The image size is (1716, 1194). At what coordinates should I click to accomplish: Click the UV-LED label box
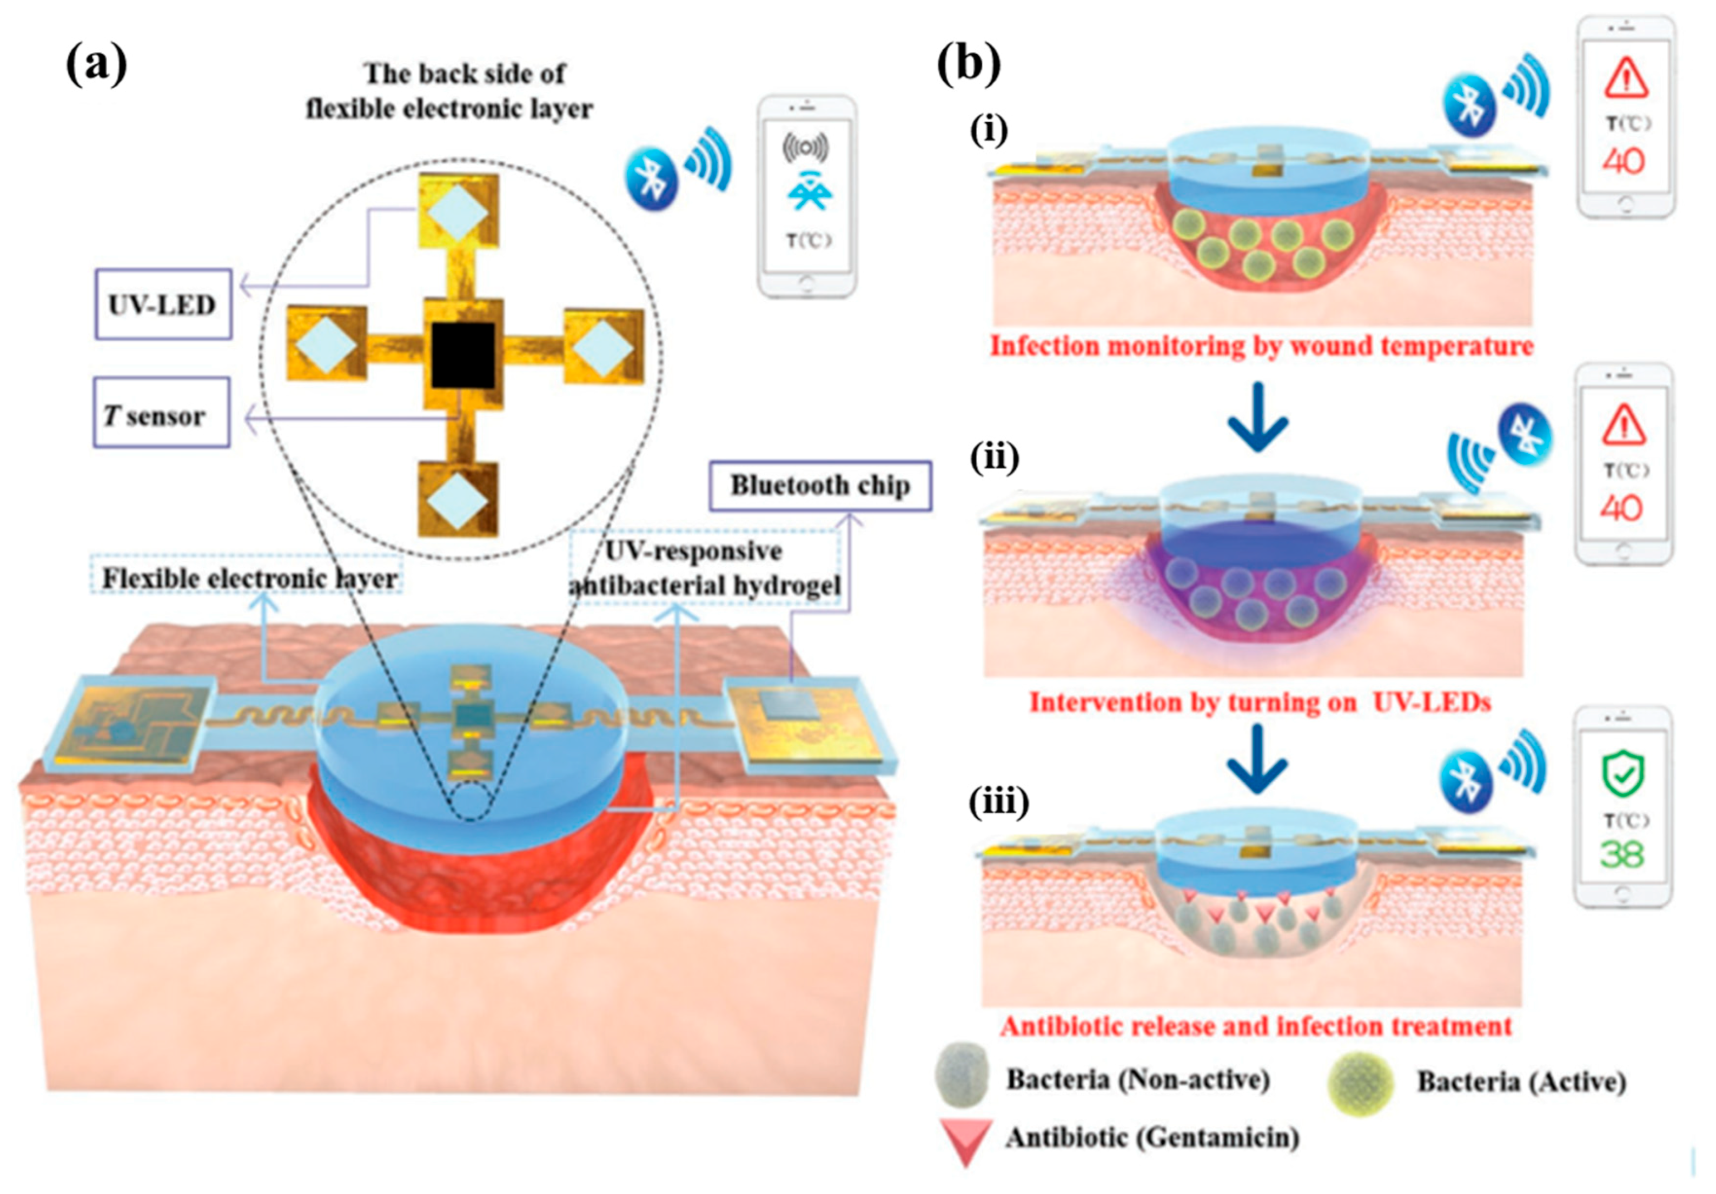point(162,304)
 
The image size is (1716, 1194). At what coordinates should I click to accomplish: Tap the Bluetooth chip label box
point(820,486)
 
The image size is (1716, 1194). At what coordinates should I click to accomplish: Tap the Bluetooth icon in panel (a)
point(652,180)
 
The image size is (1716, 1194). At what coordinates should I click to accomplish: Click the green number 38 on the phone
point(1622,854)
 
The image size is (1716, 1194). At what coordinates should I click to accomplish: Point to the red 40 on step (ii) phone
point(1622,509)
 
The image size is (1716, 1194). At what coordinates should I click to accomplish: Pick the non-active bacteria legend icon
point(960,1077)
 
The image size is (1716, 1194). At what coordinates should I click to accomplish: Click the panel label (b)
point(969,66)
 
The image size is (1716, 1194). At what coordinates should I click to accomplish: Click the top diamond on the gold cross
point(458,213)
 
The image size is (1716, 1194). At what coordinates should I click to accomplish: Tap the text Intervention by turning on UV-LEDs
point(1260,702)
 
